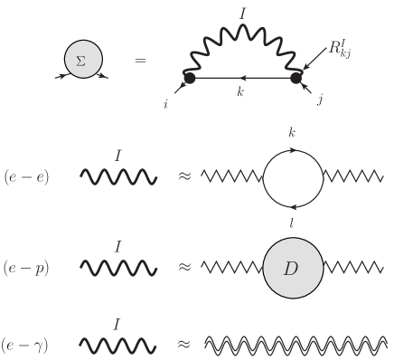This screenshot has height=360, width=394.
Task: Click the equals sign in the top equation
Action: coord(140,61)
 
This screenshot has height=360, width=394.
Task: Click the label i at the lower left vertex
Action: coord(166,105)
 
